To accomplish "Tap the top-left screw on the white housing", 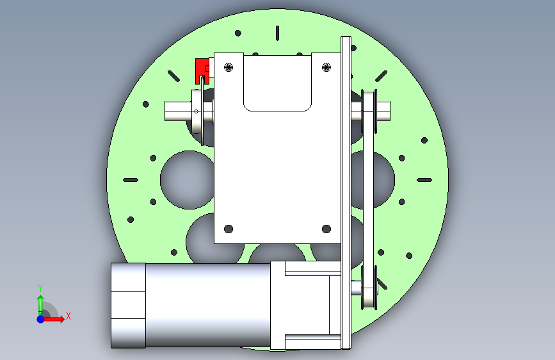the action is point(229,67).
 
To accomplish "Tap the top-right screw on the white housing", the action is point(326,67).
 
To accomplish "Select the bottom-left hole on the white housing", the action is point(229,229).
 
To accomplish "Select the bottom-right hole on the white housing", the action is point(326,229).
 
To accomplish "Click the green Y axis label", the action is point(40,288).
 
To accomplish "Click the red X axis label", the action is point(68,316).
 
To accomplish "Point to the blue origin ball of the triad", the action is point(41,319).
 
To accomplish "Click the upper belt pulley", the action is point(369,111).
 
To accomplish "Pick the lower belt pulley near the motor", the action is point(369,288).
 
